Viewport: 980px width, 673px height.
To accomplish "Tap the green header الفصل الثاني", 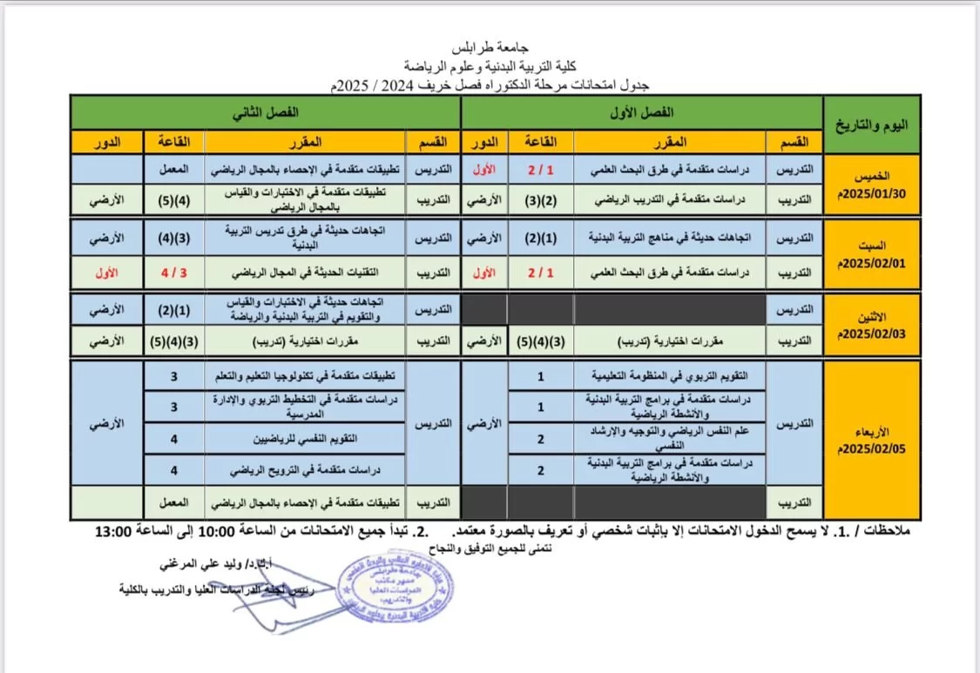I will tap(265, 113).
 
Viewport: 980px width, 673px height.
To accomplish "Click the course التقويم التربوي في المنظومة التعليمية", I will tap(669, 376).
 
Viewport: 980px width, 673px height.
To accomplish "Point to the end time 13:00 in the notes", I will tap(118, 532).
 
